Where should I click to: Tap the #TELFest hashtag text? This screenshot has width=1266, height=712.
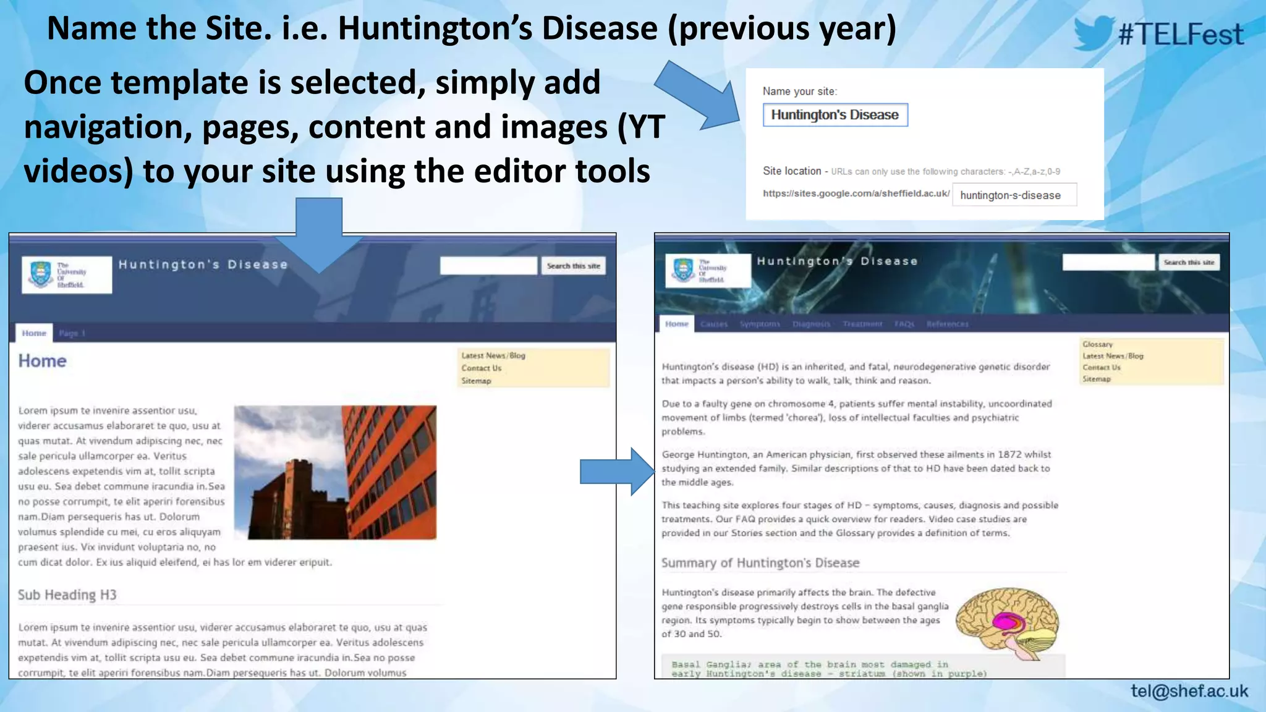pyautogui.click(x=1181, y=34)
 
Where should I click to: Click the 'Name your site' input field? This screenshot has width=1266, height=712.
pyautogui.click(x=835, y=115)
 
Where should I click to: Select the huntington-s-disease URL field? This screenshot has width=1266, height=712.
pyautogui.click(x=1014, y=195)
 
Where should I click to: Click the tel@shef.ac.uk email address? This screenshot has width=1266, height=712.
pyautogui.click(x=1189, y=691)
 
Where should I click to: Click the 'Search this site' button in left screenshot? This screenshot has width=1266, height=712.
pyautogui.click(x=573, y=266)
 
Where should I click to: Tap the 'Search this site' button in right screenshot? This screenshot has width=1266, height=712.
pyautogui.click(x=1188, y=263)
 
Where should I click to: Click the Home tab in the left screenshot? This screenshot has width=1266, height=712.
pyautogui.click(x=34, y=333)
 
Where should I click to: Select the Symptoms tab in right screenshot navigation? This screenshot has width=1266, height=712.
pyautogui.click(x=760, y=324)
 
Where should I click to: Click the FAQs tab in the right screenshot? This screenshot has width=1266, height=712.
pyautogui.click(x=904, y=324)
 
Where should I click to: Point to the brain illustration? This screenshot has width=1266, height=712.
pyautogui.click(x=1008, y=621)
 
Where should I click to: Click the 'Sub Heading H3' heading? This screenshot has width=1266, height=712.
pyautogui.click(x=67, y=595)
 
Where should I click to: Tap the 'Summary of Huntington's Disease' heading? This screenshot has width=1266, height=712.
pyautogui.click(x=760, y=563)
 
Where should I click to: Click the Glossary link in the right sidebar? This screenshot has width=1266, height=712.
pyautogui.click(x=1097, y=344)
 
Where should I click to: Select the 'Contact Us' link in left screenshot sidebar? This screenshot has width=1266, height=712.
pyautogui.click(x=481, y=368)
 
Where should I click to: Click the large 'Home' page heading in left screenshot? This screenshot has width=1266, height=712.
pyautogui.click(x=42, y=361)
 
